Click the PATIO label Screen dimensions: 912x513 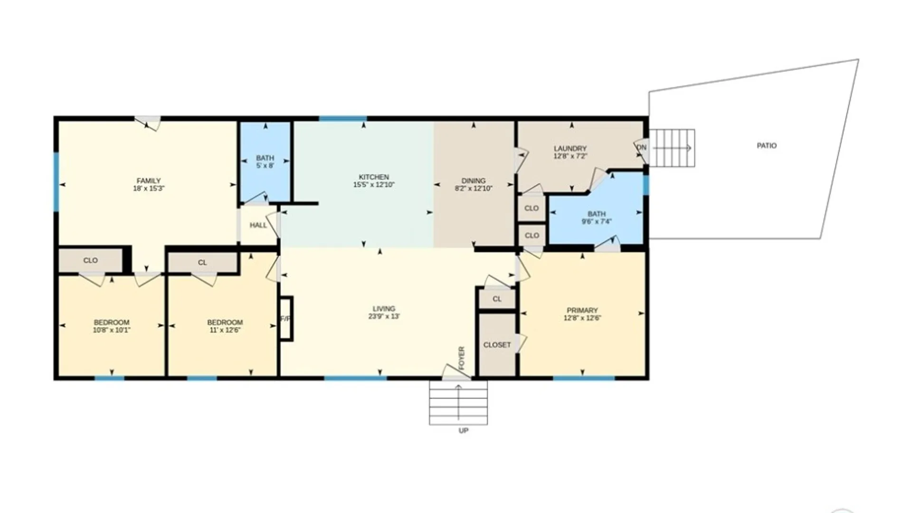[x=767, y=146]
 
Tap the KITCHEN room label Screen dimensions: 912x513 [x=374, y=177]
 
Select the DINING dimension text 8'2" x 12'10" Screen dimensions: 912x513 [x=473, y=189]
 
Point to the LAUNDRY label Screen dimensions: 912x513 [x=570, y=149]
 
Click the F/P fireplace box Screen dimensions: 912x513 [x=286, y=318]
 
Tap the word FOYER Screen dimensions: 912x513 [x=462, y=358]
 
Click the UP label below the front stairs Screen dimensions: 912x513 [x=464, y=431]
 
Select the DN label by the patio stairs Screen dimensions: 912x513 [x=642, y=148]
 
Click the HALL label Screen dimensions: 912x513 [x=258, y=225]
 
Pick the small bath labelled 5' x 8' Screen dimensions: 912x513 [x=265, y=162]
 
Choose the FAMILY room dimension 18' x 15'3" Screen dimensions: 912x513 [x=149, y=189]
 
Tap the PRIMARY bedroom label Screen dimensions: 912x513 [x=582, y=311]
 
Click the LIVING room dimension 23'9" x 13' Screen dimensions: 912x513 [x=384, y=316]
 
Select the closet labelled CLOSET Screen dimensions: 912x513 [x=497, y=345]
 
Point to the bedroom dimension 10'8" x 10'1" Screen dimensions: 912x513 [x=112, y=330]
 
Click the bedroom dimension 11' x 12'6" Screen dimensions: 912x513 [x=225, y=330]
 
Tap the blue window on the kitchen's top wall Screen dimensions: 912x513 [x=342, y=118]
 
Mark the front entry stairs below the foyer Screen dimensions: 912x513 [x=458, y=402]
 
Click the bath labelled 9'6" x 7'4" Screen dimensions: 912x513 [x=597, y=218]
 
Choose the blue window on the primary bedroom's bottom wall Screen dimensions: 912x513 [x=584, y=379]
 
